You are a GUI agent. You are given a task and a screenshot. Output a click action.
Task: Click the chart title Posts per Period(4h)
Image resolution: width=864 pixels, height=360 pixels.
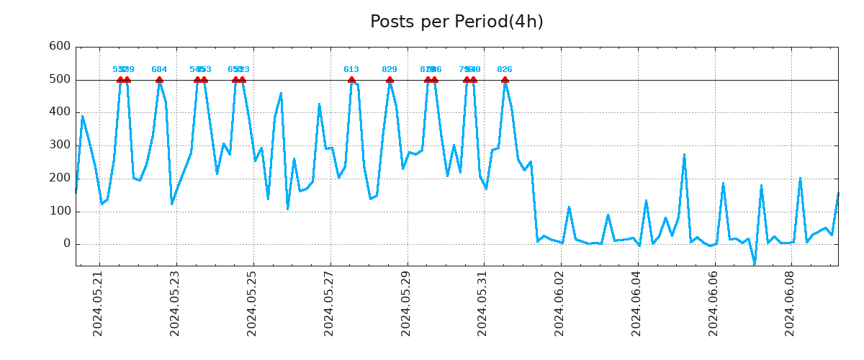pyautogui.click(x=456, y=22)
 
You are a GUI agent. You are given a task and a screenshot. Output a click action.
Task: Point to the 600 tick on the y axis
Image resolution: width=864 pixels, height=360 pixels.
pyautogui.click(x=59, y=46)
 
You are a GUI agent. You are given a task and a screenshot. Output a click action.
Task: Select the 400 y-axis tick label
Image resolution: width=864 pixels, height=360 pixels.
pyautogui.click(x=59, y=112)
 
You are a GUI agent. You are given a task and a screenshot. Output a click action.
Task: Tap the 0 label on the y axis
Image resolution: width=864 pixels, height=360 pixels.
pyautogui.click(x=66, y=244)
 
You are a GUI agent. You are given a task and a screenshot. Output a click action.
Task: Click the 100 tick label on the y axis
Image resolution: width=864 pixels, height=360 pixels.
pyautogui.click(x=59, y=211)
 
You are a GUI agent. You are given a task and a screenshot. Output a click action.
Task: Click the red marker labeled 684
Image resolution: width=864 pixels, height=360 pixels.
pyautogui.click(x=159, y=80)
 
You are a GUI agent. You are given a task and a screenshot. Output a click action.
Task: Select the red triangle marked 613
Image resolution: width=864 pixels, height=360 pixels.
pyautogui.click(x=351, y=80)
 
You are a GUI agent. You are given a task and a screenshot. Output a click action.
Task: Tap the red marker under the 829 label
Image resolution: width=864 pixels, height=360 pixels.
pyautogui.click(x=390, y=80)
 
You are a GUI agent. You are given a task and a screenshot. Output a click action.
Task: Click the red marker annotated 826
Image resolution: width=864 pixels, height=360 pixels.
pyautogui.click(x=505, y=80)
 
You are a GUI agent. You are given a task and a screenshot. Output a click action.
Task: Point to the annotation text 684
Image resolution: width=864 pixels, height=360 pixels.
pyautogui.click(x=159, y=70)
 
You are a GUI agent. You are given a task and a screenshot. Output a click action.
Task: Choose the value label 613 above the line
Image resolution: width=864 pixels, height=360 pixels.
pyautogui.click(x=351, y=70)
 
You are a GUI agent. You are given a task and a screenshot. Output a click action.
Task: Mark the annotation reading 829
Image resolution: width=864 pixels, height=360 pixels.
pyautogui.click(x=390, y=70)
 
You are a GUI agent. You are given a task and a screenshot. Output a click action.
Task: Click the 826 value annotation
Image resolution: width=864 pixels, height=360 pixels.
pyautogui.click(x=505, y=70)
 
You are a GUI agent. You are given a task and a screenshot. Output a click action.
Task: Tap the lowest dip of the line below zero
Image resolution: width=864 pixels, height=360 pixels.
pyautogui.click(x=755, y=263)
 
